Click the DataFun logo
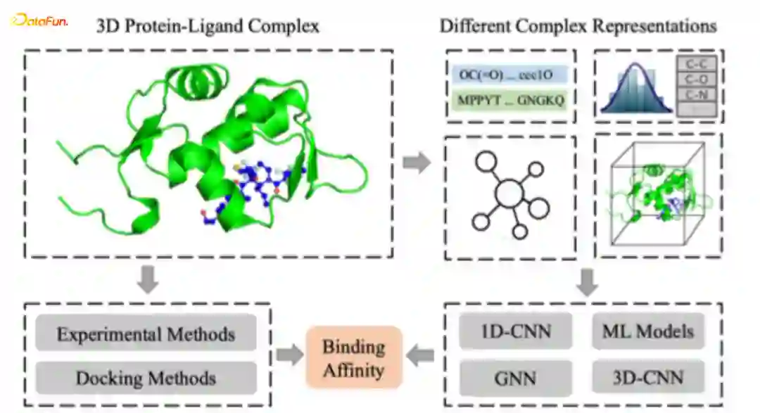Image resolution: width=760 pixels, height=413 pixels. (39, 22)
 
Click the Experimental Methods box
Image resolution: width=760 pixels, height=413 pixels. (146, 333)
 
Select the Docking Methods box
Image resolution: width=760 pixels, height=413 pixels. (146, 378)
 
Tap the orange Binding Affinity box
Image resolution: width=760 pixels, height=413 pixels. (353, 357)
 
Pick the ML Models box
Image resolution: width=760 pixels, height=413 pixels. (647, 331)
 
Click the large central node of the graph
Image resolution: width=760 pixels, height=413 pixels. (511, 193)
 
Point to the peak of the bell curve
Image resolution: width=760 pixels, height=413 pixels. (636, 67)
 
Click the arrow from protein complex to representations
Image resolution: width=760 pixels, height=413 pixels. (418, 163)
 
